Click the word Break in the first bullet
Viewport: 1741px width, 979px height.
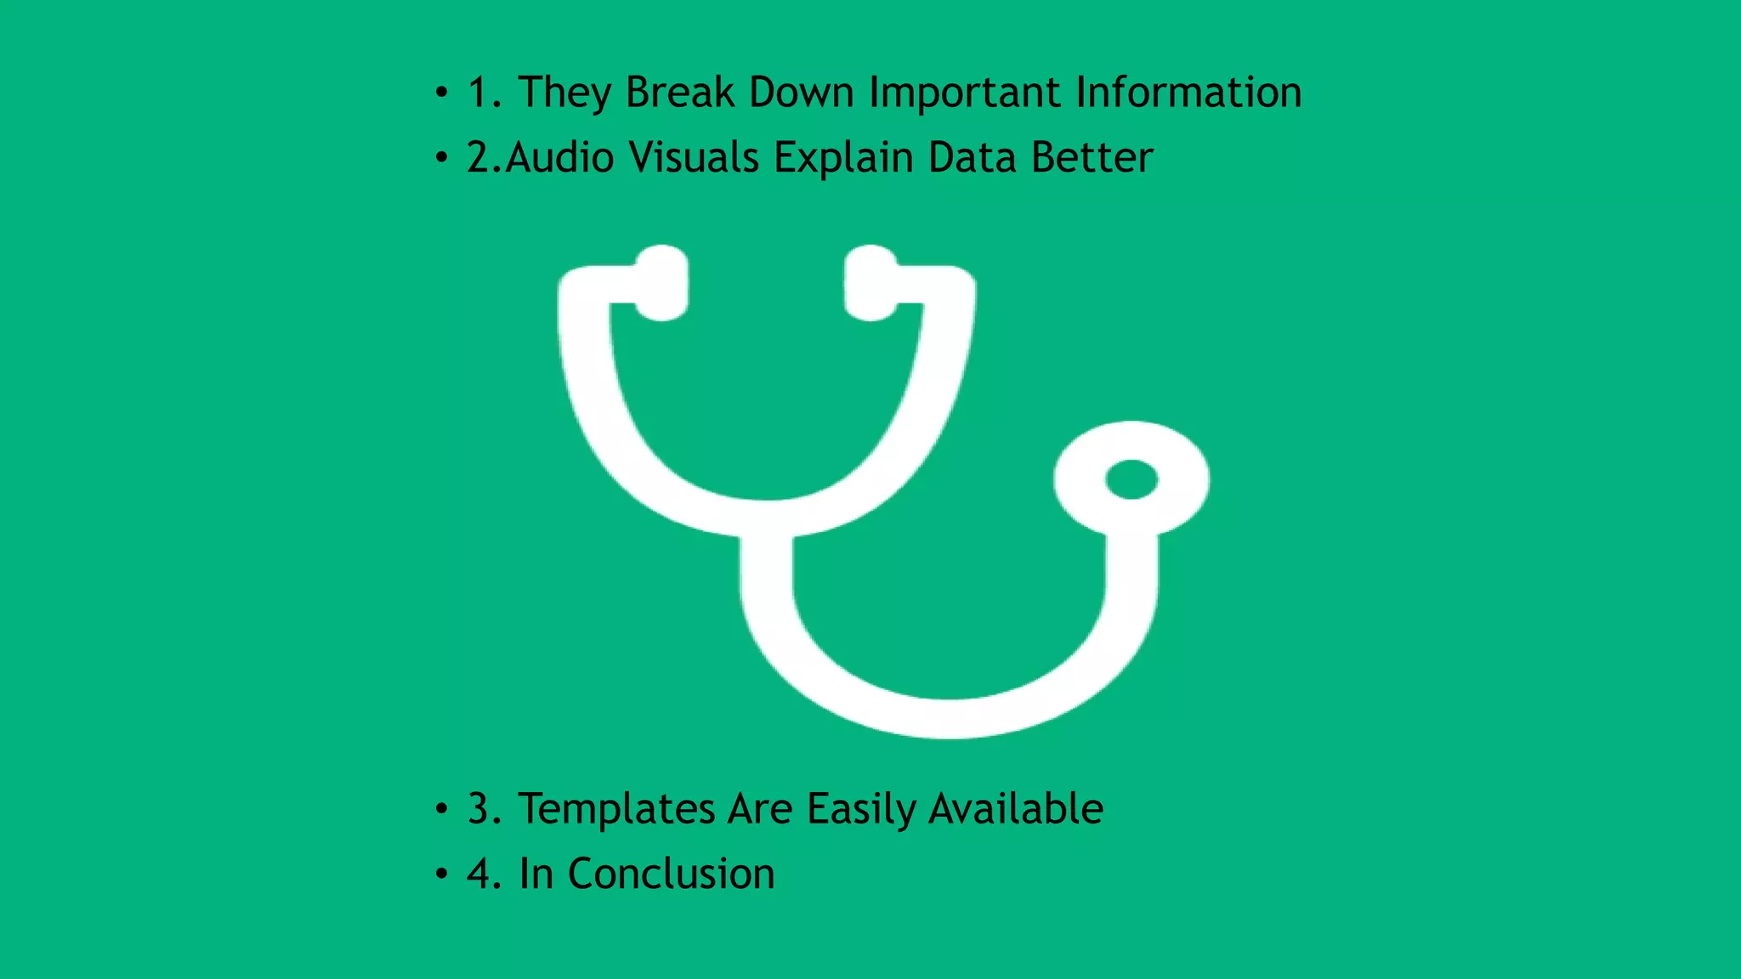[x=679, y=92]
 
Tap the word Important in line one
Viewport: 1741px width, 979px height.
[x=964, y=92]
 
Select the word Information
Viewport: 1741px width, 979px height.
[x=1188, y=92]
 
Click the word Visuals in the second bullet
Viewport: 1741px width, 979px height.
[x=693, y=157]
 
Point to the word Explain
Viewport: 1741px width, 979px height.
[x=842, y=159]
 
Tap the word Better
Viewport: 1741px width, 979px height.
[x=1092, y=157]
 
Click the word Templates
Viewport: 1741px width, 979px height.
[x=615, y=809]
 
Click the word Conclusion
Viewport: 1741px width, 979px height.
[x=671, y=874]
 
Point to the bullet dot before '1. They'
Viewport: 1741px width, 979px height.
[x=440, y=92]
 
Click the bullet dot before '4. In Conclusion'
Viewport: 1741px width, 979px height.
[x=440, y=874]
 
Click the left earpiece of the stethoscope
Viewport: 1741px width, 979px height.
[x=661, y=283]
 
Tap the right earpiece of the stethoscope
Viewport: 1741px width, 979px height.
[x=870, y=283]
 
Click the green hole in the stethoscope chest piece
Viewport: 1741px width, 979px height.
[x=1131, y=479]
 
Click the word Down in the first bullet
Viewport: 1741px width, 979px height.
[x=801, y=92]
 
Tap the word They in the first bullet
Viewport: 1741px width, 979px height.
[x=564, y=93]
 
